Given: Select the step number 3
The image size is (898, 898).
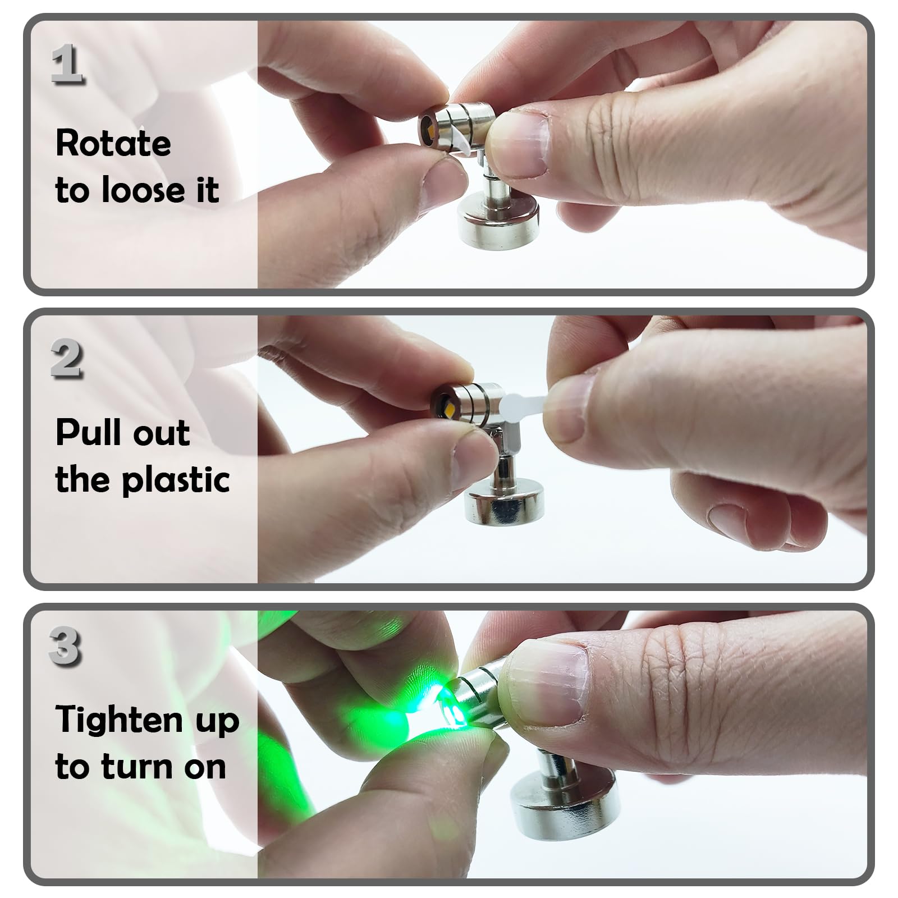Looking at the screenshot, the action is [x=65, y=646].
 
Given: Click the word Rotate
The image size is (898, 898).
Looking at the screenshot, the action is [x=113, y=143].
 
